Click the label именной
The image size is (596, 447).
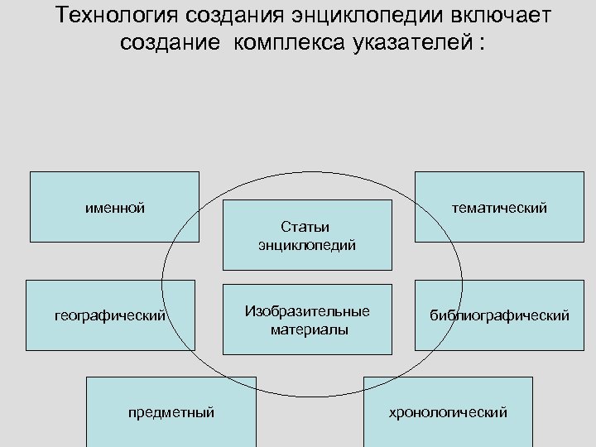pyautogui.click(x=115, y=207)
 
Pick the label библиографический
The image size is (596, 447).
pyautogui.click(x=498, y=315)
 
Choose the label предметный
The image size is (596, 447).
pyautogui.click(x=171, y=411)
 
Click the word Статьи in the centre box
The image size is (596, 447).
pyautogui.click(x=305, y=226)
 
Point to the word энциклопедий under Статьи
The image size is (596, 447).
pyautogui.click(x=307, y=245)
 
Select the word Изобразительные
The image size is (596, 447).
pyautogui.click(x=307, y=311)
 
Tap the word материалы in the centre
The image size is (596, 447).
pyautogui.click(x=307, y=329)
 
